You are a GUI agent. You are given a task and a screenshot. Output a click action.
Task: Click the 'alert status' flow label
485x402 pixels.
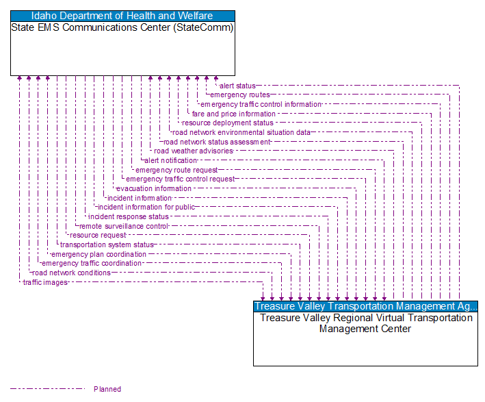pos(237,86)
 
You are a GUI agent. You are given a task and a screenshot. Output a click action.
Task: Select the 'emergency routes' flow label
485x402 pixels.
pos(240,95)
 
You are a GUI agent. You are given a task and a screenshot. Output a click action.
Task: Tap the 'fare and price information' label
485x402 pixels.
pos(234,114)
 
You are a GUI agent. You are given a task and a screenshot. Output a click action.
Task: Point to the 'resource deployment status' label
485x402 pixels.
pos(228,123)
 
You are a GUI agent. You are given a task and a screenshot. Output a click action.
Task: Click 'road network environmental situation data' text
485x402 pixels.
pos(241,132)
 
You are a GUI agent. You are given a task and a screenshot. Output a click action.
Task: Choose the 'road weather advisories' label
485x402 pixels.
pos(194,151)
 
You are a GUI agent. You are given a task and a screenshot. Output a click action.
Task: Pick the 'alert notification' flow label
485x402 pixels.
pos(170,160)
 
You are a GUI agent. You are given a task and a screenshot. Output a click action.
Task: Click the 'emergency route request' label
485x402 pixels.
pos(176,170)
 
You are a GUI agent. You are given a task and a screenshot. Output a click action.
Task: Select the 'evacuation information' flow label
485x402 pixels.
pos(154,188)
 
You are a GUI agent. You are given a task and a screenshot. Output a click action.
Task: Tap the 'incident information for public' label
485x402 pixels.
pos(146,207)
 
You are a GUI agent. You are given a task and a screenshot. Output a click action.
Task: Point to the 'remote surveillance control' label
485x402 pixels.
pos(124,226)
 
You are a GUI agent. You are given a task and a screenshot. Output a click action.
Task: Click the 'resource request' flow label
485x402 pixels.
pos(98,235)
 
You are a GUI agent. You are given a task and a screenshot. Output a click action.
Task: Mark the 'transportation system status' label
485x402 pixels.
pos(107,244)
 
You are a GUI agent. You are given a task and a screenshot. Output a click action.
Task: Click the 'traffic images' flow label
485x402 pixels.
pos(45,282)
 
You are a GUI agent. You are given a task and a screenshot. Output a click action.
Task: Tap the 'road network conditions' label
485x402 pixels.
pos(71,273)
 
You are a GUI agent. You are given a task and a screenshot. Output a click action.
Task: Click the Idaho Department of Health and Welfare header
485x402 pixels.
pos(122,16)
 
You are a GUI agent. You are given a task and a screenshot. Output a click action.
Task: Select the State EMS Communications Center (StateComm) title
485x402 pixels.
pos(122,28)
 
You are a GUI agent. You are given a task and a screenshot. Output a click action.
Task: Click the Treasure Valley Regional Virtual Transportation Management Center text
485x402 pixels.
pos(365,323)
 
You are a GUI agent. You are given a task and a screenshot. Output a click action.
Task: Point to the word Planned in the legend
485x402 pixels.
pos(107,389)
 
